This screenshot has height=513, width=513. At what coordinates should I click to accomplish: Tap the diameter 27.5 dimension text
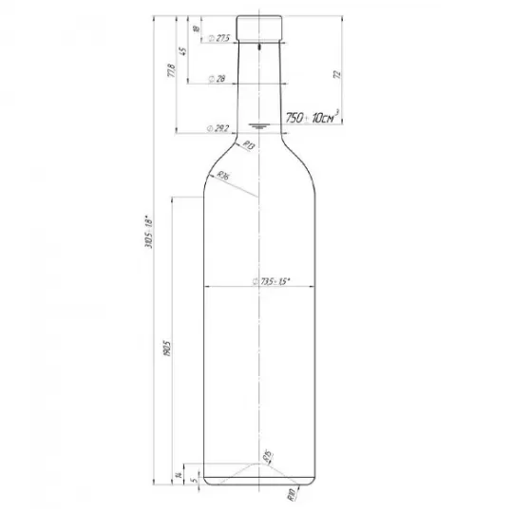(221, 38)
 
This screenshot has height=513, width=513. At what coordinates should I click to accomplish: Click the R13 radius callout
(248, 145)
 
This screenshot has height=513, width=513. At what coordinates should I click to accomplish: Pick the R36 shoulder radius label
(224, 177)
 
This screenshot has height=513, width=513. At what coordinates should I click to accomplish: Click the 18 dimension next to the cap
(195, 28)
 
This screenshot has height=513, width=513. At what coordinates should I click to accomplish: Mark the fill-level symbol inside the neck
(259, 124)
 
